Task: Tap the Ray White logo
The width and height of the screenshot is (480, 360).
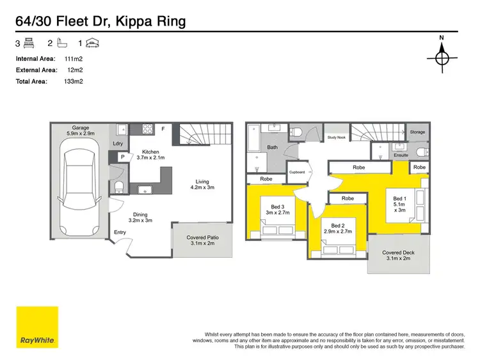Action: pyautogui.click(x=37, y=327)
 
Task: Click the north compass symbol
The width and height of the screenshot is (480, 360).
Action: pyautogui.click(x=442, y=58)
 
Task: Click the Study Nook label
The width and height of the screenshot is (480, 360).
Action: pyautogui.click(x=336, y=137)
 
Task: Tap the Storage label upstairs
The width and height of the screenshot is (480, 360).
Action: pyautogui.click(x=417, y=132)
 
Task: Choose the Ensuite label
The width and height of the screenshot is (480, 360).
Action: pyautogui.click(x=401, y=155)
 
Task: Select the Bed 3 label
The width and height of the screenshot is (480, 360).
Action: pyautogui.click(x=277, y=210)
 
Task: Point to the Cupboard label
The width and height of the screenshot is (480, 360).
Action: pyautogui.click(x=297, y=172)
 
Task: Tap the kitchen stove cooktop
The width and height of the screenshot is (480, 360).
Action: pyautogui.click(x=147, y=128)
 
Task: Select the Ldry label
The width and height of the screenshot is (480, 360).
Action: pyautogui.click(x=118, y=143)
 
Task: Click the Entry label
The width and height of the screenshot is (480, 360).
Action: pyautogui.click(x=120, y=233)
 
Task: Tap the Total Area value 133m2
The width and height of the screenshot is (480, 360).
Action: pyautogui.click(x=74, y=81)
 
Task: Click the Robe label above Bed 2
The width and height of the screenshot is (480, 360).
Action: pyautogui.click(x=348, y=199)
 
